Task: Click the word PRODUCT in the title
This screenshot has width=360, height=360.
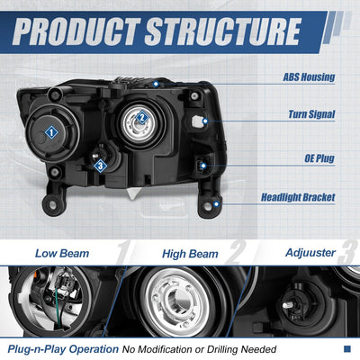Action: click(76, 31)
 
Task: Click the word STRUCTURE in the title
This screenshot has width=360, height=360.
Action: click(222, 31)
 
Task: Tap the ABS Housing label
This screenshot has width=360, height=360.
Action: click(309, 77)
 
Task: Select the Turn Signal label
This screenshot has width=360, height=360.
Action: click(311, 114)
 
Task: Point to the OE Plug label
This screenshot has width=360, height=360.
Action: click(319, 158)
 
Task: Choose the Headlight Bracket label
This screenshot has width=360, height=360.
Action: click(298, 197)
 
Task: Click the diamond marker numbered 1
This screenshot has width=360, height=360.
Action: click(51, 132)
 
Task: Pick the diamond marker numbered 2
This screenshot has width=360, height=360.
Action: click(142, 117)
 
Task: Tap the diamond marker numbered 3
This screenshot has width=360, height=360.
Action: click(100, 166)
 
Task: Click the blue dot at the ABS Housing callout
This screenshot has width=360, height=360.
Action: click(156, 84)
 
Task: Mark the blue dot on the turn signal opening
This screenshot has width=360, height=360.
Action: click(205, 121)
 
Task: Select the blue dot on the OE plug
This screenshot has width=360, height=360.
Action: click(203, 166)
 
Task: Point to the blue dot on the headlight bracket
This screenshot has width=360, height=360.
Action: click(216, 204)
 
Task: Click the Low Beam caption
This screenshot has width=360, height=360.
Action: click(62, 254)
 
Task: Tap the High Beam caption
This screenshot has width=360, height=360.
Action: click(190, 254)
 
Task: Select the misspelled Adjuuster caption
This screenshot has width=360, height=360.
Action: click(310, 253)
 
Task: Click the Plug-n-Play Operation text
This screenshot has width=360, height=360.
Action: click(63, 349)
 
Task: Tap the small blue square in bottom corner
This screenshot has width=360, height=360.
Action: click(347, 348)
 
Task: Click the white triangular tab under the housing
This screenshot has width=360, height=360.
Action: click(133, 193)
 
